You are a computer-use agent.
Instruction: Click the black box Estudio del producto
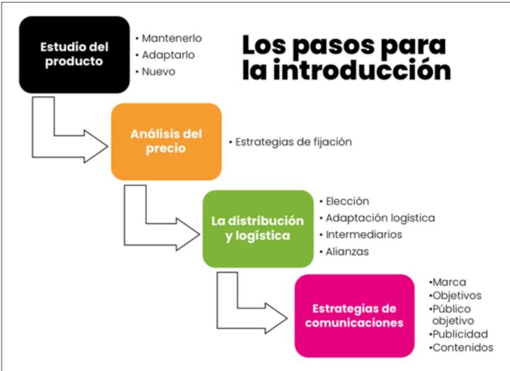[74, 55]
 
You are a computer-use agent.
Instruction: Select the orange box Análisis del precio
[166, 142]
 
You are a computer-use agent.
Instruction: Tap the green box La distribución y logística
[258, 229]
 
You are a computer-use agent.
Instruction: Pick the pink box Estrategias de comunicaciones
[355, 316]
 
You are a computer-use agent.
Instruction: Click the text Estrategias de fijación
[293, 142]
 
